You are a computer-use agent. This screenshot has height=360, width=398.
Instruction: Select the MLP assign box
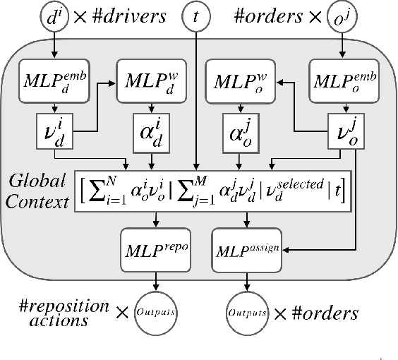click(x=245, y=248)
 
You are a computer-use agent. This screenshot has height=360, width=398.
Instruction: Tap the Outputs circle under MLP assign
click(x=245, y=311)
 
